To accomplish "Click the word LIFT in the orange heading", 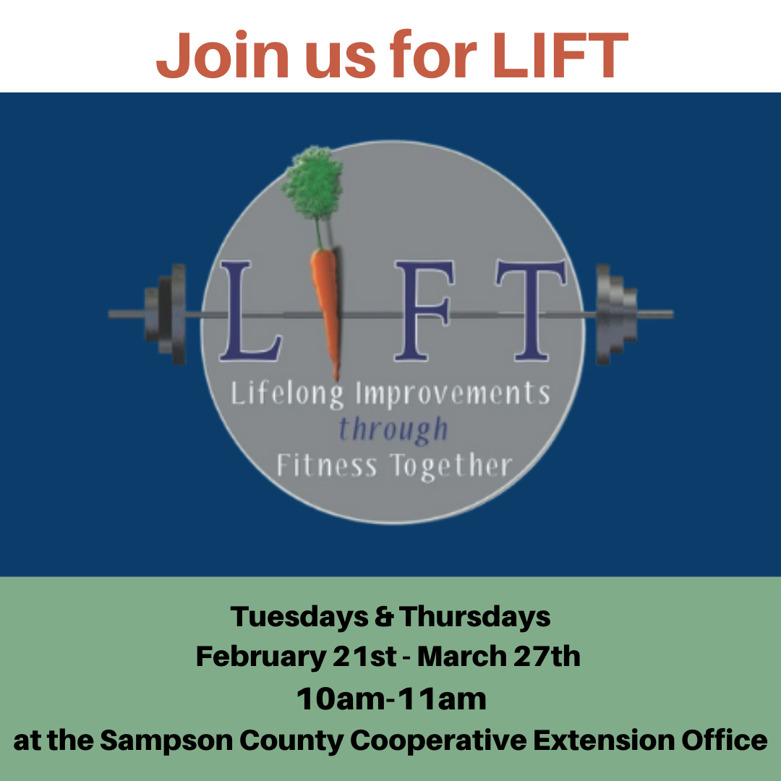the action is tap(560, 55).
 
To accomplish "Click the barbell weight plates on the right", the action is tap(616, 315).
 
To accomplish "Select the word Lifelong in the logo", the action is tap(287, 396).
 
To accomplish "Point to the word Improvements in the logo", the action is tap(453, 395).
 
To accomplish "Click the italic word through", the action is tap(393, 430).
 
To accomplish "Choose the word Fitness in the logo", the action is tap(327, 466).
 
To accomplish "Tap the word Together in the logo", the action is tap(451, 466).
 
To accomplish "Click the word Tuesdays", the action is tap(299, 617).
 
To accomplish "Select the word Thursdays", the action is tap(474, 617).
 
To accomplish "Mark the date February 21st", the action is tap(296, 657).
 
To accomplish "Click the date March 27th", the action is tap(498, 657).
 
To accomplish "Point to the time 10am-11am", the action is tap(391, 699).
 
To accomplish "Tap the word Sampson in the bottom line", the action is tap(166, 741).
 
